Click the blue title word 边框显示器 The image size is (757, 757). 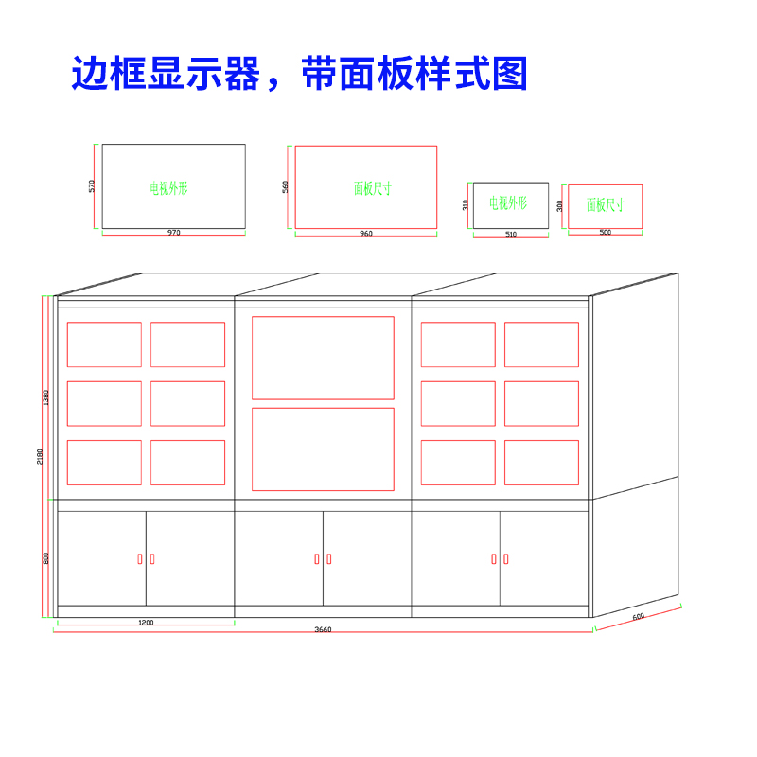166,74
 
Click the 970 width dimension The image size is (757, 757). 173,233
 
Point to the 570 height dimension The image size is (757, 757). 92,186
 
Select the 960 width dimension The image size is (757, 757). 366,234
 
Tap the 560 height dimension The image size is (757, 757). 286,187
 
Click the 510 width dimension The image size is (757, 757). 511,235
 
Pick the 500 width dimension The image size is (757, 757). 606,233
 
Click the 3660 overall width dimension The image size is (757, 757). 324,630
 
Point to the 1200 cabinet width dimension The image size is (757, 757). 146,623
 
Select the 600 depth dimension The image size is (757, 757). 638,617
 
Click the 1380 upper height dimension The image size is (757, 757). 46,397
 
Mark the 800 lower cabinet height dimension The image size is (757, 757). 46,558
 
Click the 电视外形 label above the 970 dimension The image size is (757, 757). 168,188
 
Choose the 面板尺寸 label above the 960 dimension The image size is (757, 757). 373,188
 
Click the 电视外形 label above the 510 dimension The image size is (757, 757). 507,203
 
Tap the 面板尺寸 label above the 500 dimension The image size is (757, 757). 605,204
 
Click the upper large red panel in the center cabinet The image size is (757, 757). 323,358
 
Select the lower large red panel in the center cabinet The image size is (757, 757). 323,449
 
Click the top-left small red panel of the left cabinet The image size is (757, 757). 104,344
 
